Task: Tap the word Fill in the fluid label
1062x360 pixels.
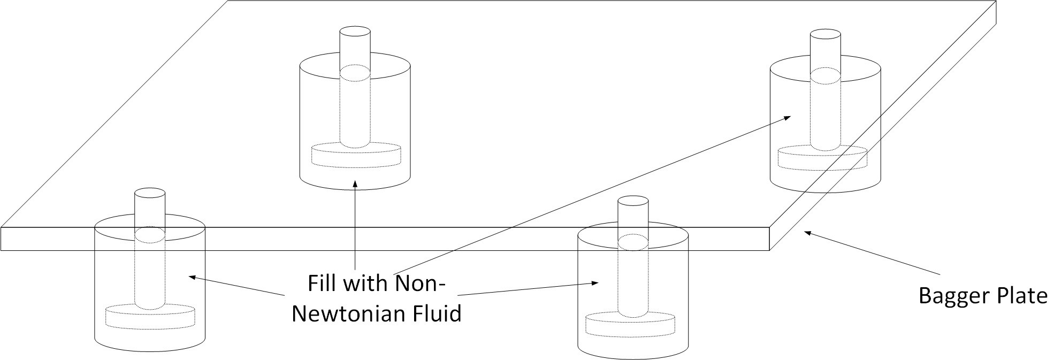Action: (323, 283)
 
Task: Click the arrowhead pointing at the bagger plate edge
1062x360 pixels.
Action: (808, 233)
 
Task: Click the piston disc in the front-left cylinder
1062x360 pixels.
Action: (150, 316)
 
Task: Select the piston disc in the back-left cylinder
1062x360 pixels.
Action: (356, 154)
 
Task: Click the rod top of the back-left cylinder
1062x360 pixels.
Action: (355, 31)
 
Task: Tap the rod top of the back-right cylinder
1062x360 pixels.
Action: (825, 35)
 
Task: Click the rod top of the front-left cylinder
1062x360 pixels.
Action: (149, 193)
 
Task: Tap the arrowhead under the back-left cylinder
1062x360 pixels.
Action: (355, 183)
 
